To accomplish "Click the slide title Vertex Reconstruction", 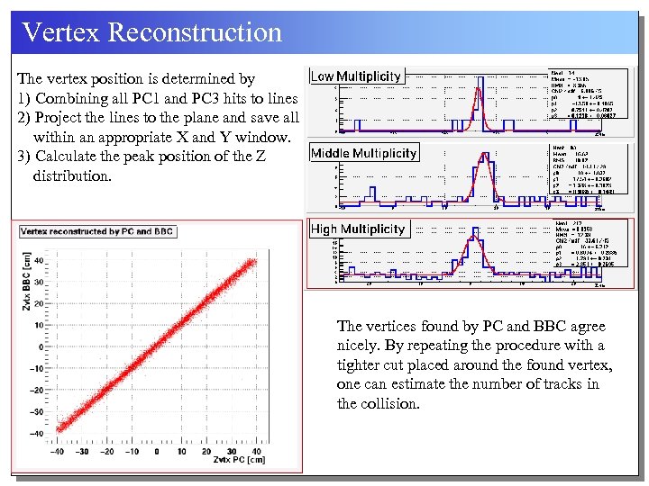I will tap(151, 32).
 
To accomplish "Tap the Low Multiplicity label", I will tap(356, 76).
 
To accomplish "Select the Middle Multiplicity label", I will tap(363, 153).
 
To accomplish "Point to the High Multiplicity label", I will tap(358, 229).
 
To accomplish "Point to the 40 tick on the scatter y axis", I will tap(38, 262).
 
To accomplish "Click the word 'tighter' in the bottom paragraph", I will tap(361, 364).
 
